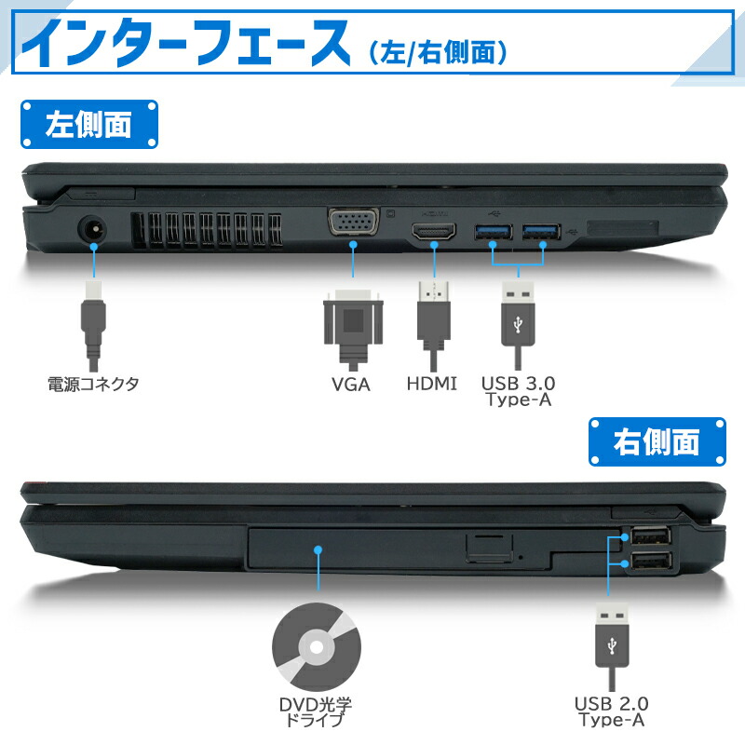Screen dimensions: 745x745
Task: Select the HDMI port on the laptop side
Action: [x=434, y=232]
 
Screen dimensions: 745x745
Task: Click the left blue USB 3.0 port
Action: [x=494, y=232]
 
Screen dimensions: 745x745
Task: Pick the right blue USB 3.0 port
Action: [x=541, y=232]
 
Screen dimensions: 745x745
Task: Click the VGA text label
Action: [x=351, y=384]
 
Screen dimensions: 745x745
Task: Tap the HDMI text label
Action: [x=432, y=383]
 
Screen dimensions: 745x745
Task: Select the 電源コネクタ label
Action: [x=92, y=384]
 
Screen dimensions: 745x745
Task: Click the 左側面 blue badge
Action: [x=88, y=125]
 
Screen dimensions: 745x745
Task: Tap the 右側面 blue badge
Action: [x=657, y=441]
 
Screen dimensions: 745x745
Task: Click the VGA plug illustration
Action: [x=353, y=326]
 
